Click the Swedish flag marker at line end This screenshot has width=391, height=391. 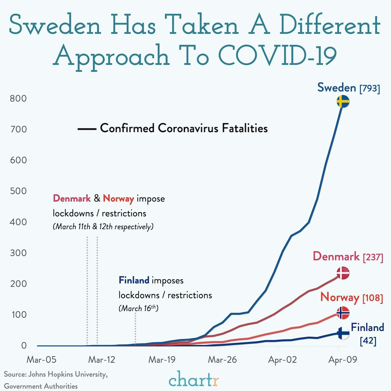pyautogui.click(x=343, y=102)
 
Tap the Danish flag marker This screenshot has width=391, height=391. pyautogui.click(x=343, y=273)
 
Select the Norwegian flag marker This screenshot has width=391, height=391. pyautogui.click(x=343, y=313)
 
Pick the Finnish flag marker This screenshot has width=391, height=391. pyautogui.click(x=343, y=334)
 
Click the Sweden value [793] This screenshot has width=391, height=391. pyautogui.click(x=369, y=88)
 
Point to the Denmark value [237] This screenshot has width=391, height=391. pyautogui.click(x=373, y=257)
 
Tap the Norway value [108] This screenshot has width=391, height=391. pyautogui.click(x=372, y=298)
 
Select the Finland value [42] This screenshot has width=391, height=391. pyautogui.click(x=368, y=341)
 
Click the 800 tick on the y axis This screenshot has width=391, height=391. pyautogui.click(x=18, y=99)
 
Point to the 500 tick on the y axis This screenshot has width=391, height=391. pyautogui.click(x=18, y=191)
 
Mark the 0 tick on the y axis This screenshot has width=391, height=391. pyautogui.click(x=23, y=346)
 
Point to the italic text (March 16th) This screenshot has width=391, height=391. pyautogui.click(x=138, y=308)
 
